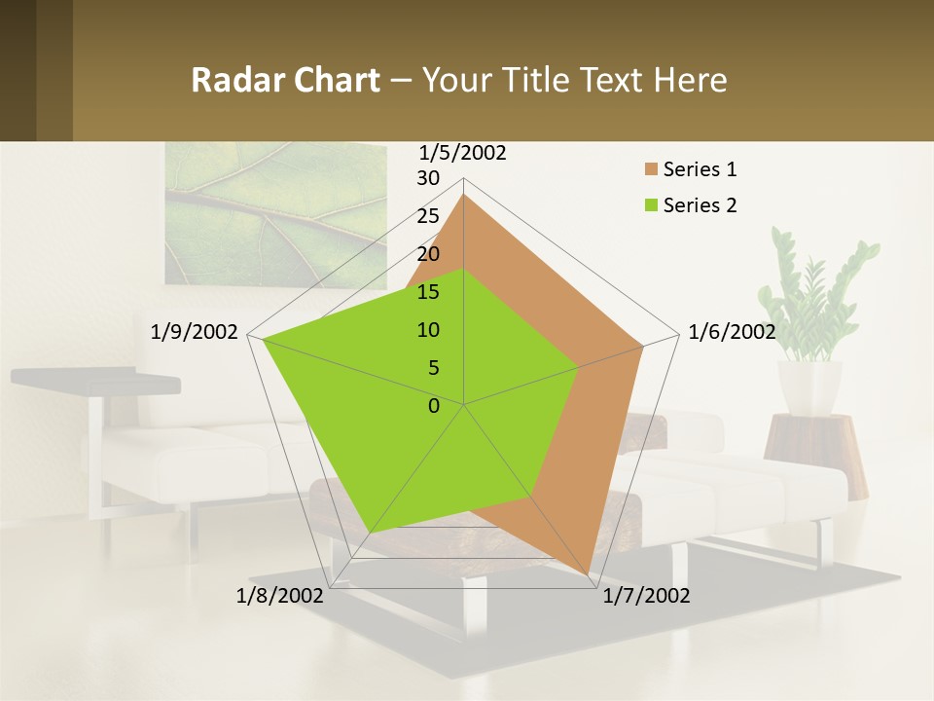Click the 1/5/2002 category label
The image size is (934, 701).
click(x=462, y=153)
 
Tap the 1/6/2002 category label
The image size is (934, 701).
click(x=732, y=332)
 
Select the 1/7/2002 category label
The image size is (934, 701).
click(x=646, y=596)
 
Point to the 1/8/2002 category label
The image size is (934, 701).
click(x=279, y=596)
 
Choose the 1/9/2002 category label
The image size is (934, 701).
click(x=194, y=332)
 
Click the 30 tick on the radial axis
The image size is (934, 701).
click(x=428, y=178)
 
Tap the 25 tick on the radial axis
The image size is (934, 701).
click(x=428, y=216)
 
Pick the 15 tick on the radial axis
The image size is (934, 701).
click(x=428, y=292)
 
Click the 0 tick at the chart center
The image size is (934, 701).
click(x=434, y=406)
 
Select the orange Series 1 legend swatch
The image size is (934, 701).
click(x=651, y=170)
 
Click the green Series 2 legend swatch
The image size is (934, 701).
click(x=651, y=205)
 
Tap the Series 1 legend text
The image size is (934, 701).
click(x=700, y=169)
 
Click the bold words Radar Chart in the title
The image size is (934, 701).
click(x=285, y=80)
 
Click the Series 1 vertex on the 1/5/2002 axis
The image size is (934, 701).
click(x=463, y=195)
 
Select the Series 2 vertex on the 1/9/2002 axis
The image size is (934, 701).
click(x=262, y=340)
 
